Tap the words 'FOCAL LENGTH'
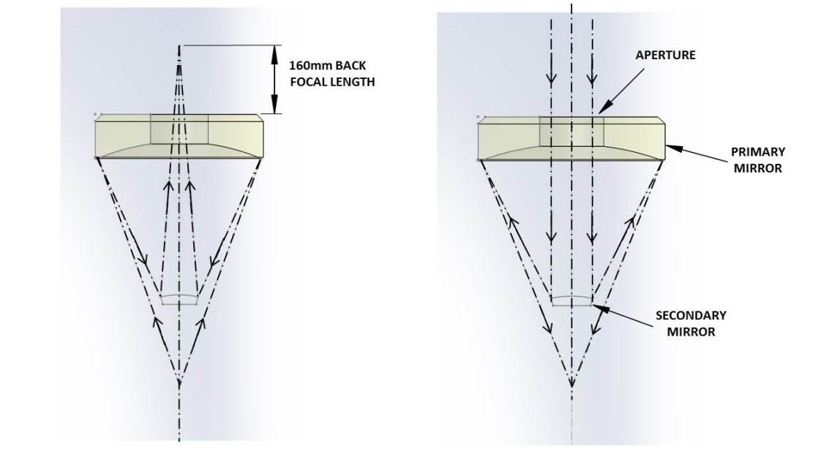(x=332, y=82)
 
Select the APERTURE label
(x=665, y=55)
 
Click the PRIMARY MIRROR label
(x=757, y=159)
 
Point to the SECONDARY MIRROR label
(x=691, y=323)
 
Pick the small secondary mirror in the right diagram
(x=571, y=300)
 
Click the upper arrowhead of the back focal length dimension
(x=275, y=53)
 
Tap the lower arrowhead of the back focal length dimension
(x=275, y=105)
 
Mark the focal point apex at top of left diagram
(x=179, y=46)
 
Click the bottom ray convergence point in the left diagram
(x=179, y=382)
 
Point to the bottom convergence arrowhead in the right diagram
(x=571, y=382)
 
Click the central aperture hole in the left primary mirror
(x=179, y=129)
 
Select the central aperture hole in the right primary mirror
(x=571, y=131)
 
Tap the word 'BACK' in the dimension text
(x=350, y=66)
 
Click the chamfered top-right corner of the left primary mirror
(x=260, y=118)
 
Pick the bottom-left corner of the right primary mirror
(x=479, y=159)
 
